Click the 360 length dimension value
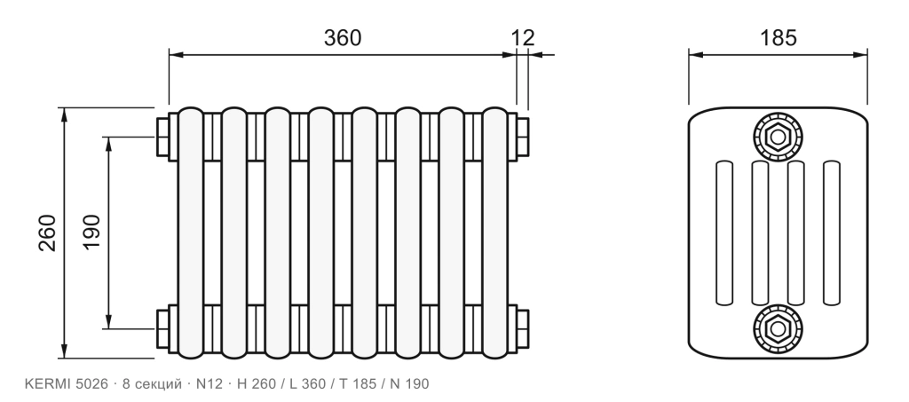pos(342,37)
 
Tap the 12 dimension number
pos(522,37)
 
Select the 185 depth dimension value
pos(778,37)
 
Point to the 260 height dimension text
pos(48,233)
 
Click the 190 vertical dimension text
pos(91,233)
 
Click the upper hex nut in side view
pos(778,138)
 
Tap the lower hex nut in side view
pos(778,329)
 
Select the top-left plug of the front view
pos(162,137)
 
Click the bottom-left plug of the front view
pos(162,329)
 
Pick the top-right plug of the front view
pos(522,137)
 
